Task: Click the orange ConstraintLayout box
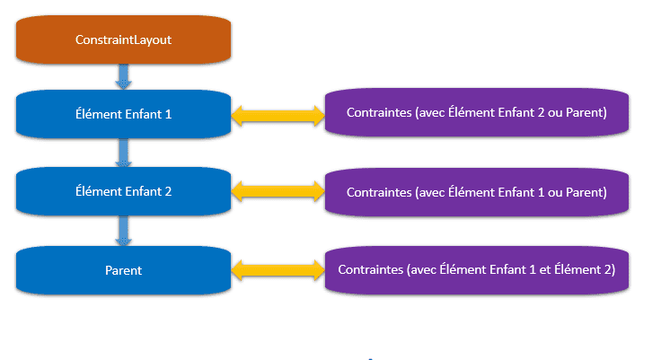[124, 40]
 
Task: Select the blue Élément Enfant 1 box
[124, 114]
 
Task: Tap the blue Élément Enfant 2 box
[124, 191]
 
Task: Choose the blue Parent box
[124, 270]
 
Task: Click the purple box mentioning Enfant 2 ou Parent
[477, 112]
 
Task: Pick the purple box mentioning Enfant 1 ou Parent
[477, 192]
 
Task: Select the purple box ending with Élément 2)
[477, 270]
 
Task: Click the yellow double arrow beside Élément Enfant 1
[278, 116]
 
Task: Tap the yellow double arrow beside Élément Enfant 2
[278, 191]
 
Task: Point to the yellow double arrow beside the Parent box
[278, 270]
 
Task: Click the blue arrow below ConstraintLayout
[124, 76]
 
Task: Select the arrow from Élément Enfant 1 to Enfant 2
[124, 153]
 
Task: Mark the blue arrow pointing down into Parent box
[124, 231]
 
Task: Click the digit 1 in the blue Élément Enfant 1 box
[168, 114]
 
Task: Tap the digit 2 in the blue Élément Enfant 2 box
[168, 192]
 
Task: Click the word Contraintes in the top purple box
[379, 112]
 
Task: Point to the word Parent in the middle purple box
[585, 193]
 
